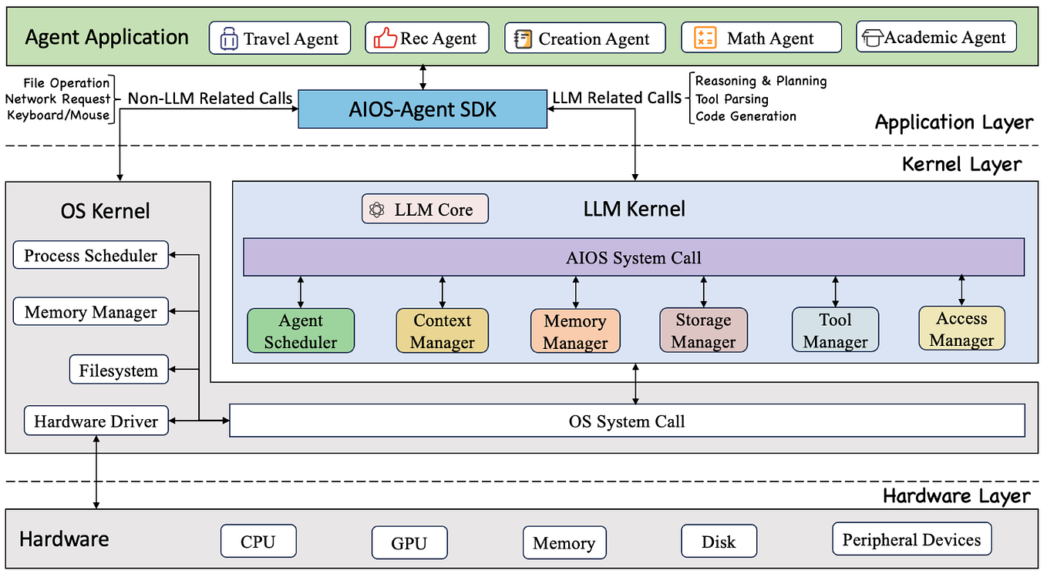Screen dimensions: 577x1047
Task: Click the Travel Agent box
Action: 279,39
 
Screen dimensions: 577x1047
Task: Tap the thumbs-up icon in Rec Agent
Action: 385,39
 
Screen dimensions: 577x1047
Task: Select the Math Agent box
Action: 761,38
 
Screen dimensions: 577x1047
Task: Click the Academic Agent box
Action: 936,37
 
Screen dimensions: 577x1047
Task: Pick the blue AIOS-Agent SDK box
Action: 423,109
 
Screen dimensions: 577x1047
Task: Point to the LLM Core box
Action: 425,209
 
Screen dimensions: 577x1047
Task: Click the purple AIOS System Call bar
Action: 634,257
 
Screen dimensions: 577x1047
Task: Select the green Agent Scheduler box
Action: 301,331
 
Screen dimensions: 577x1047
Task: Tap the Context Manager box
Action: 442,331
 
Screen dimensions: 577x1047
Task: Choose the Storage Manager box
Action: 703,330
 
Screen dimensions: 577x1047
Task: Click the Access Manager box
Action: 961,329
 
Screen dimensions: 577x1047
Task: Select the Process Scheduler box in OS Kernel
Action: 90,256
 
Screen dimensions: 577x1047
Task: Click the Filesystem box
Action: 118,371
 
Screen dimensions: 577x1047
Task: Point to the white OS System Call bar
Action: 627,421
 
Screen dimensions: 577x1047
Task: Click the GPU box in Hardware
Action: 409,542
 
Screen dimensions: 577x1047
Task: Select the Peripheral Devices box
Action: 911,539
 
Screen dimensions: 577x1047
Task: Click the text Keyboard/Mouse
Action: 58,116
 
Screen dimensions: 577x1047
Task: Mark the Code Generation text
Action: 746,116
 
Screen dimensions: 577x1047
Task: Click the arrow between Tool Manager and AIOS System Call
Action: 835,292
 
